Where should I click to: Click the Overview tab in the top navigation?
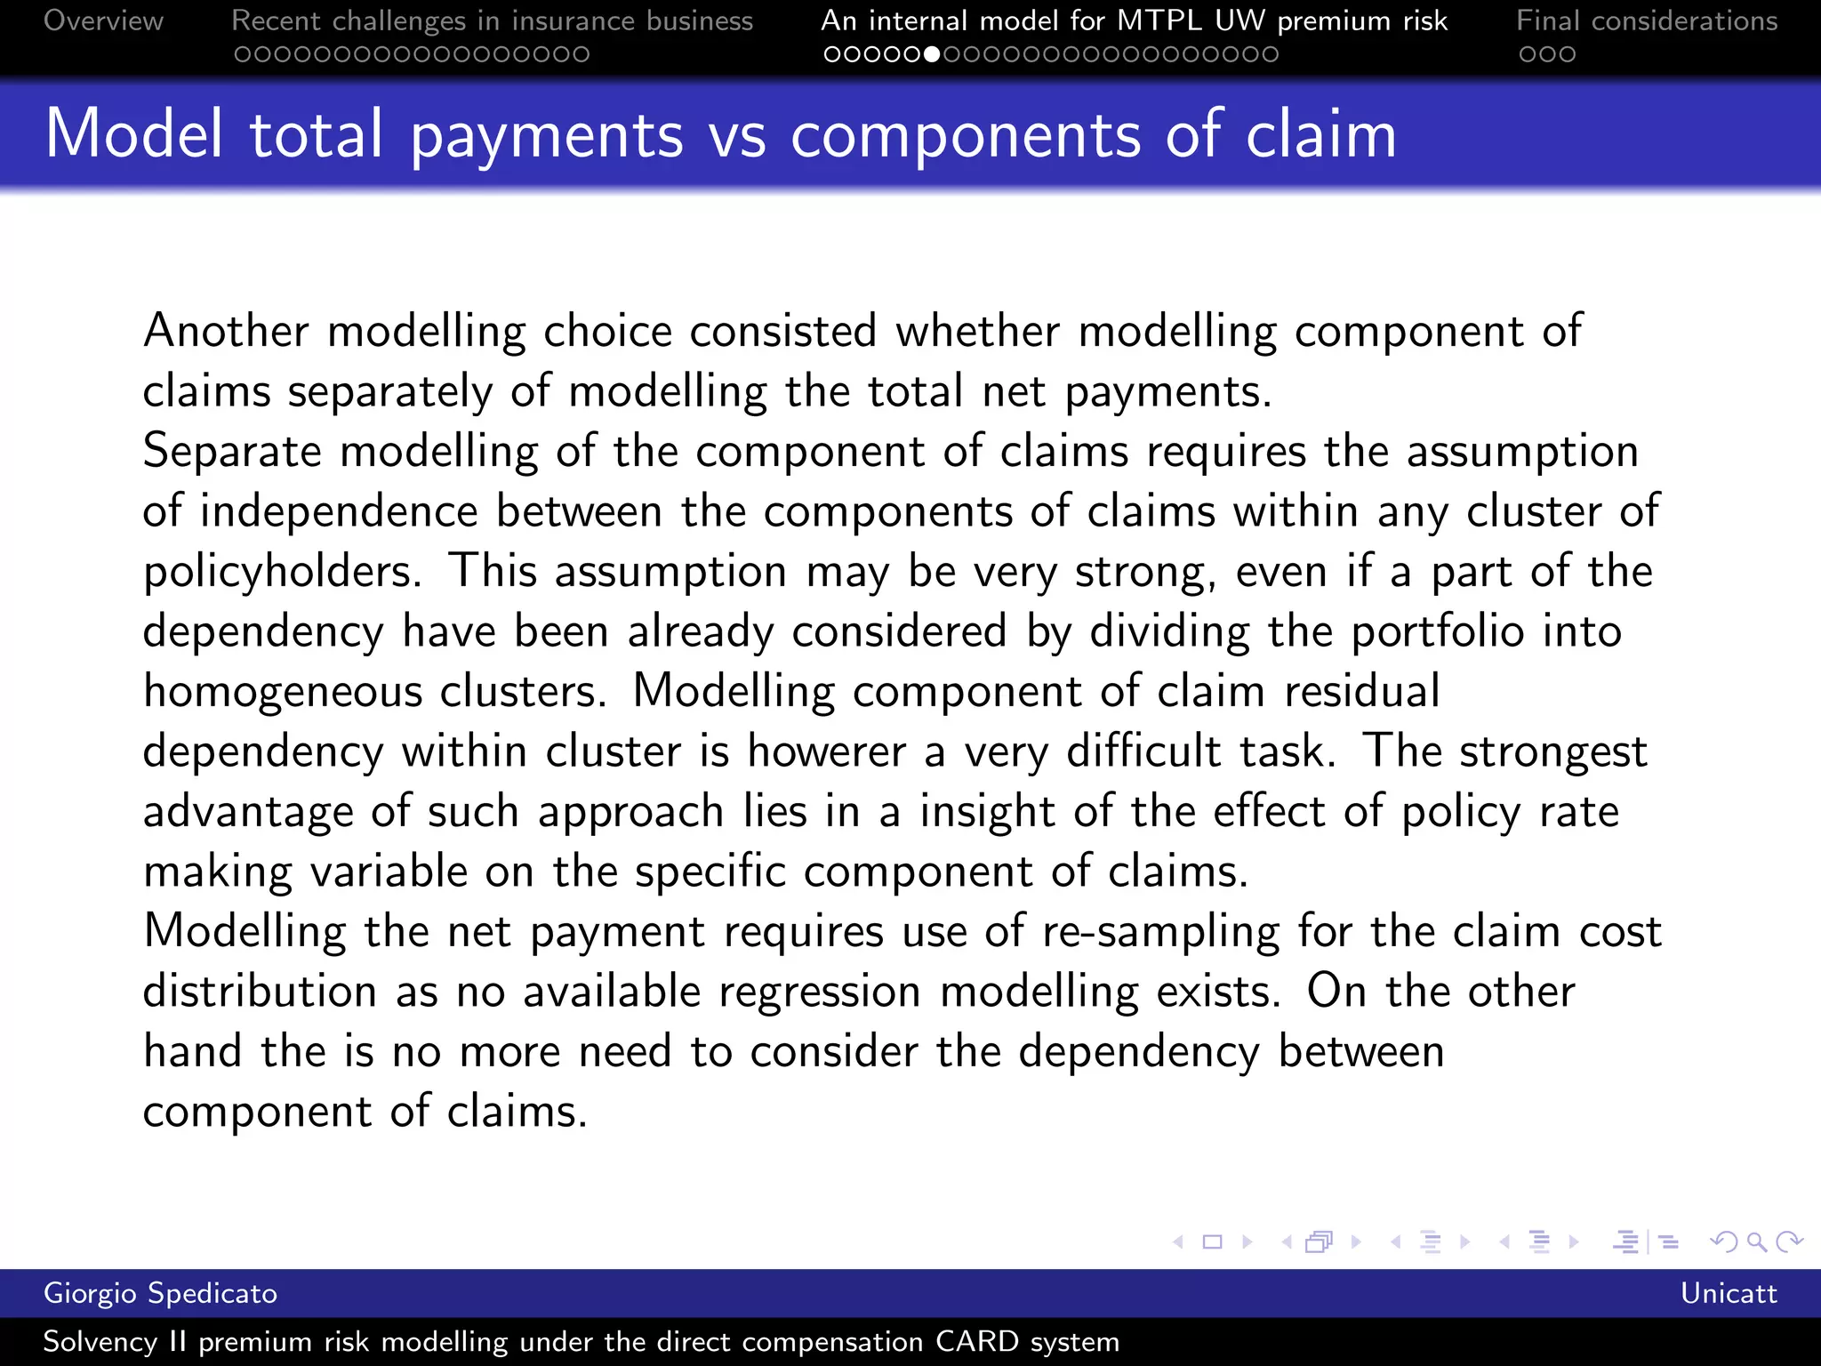tap(103, 20)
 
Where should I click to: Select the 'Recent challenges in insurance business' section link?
tap(492, 20)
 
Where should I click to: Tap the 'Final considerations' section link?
tap(1647, 20)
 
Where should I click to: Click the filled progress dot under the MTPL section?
tap(932, 55)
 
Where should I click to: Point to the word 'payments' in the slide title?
tap(546, 135)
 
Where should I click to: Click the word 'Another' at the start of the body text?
tap(226, 331)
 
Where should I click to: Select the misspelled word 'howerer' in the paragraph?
tap(826, 751)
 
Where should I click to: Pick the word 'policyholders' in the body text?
tap(281, 572)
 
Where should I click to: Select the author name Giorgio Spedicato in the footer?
tap(160, 1293)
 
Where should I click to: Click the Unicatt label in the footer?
tap(1729, 1293)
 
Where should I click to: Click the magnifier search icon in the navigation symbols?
tap(1756, 1241)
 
